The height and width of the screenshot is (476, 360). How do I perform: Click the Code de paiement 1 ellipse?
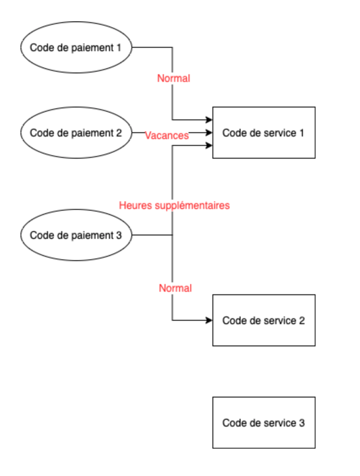[76, 47]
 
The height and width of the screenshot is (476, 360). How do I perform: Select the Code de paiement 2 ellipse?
[76, 133]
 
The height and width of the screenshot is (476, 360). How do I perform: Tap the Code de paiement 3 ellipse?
[76, 235]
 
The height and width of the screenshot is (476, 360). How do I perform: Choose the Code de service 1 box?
[264, 133]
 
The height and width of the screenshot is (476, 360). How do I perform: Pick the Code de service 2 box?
[264, 320]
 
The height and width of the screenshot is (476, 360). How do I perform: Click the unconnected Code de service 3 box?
[264, 423]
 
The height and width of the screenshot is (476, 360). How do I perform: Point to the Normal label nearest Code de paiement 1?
[174, 78]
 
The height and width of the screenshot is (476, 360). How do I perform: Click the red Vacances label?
[167, 136]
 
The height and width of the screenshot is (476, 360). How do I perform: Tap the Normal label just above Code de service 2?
[175, 288]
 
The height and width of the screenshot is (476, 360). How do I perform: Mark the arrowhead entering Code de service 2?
[209, 320]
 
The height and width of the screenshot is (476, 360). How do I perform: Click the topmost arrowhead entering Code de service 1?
[209, 119]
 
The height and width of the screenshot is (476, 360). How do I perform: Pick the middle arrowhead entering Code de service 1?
[209, 133]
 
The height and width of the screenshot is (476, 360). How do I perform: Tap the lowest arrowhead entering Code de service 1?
[209, 146]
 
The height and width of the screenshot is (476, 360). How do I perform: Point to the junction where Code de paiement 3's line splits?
[172, 235]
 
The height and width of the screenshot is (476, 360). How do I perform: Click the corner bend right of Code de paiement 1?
[172, 47]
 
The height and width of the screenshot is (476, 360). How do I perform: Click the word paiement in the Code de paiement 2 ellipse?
[91, 133]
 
